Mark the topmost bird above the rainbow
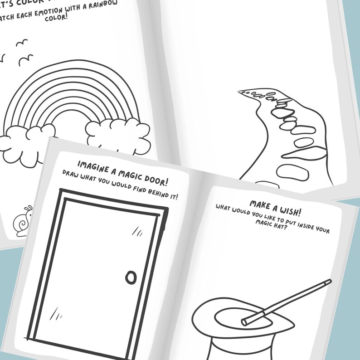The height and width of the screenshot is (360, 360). click(21, 43)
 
